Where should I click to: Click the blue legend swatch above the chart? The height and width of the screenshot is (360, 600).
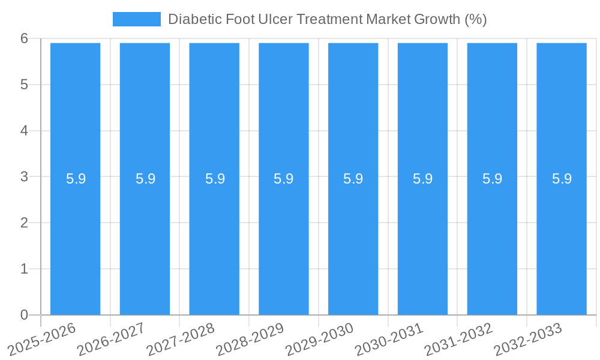pos(137,19)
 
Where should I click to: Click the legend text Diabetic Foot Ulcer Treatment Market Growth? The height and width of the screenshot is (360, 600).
pos(327,19)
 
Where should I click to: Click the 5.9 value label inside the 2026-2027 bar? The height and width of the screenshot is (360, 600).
pos(145,179)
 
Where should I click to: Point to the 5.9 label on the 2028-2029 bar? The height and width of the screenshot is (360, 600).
pos(283,179)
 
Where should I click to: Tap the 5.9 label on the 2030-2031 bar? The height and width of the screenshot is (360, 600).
pos(422,179)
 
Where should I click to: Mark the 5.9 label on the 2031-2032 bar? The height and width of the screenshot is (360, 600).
pos(492,179)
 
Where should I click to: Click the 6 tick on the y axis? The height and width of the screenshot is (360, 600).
pos(24,38)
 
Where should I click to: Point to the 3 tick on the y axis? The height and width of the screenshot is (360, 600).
pos(24,177)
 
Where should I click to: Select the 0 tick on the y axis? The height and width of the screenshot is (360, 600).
pos(24,315)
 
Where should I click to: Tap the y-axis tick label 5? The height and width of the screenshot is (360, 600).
pos(24,85)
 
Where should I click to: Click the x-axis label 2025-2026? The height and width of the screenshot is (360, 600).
pos(42,339)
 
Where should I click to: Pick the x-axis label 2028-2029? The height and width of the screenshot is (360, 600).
pos(250,339)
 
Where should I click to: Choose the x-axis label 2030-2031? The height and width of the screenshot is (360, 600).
pos(389,339)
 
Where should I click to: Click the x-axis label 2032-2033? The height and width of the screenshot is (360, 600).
pos(528,339)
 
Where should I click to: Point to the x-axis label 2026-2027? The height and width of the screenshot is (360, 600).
pos(111,339)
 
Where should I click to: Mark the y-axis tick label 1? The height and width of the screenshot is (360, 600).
pos(24,269)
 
